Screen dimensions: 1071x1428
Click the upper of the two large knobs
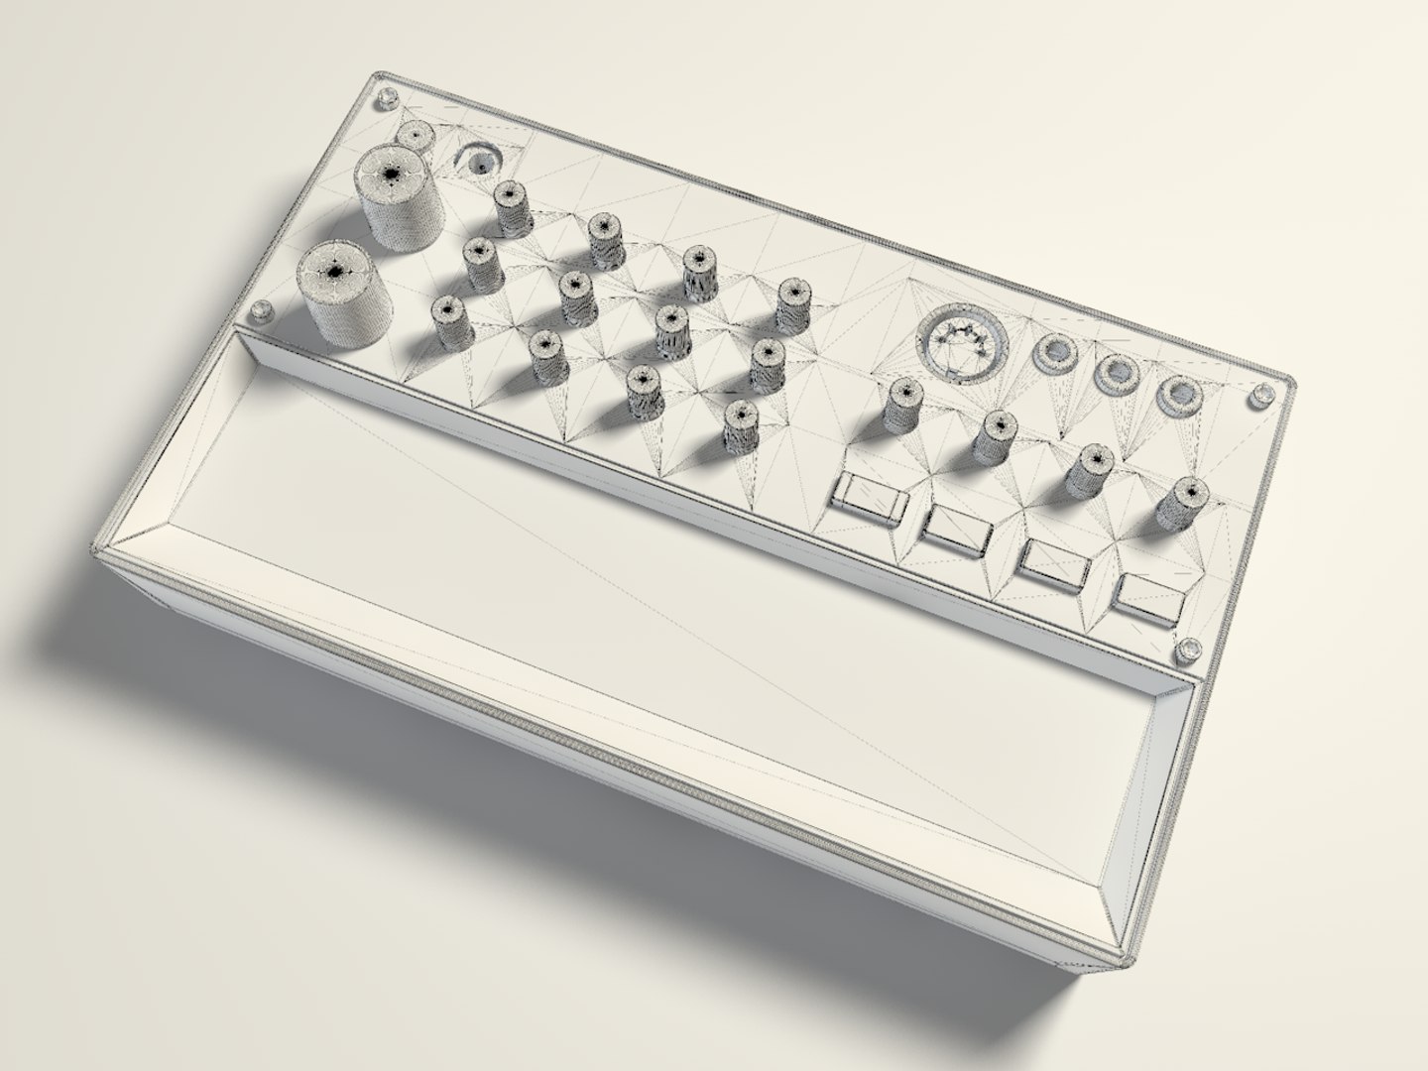(x=399, y=195)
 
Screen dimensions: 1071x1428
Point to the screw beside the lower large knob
(x=263, y=312)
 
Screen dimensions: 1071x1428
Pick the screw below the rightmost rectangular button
(x=1186, y=652)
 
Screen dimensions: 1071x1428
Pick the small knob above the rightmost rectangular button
(x=1181, y=503)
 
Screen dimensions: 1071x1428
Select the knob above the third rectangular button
(x=1089, y=468)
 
